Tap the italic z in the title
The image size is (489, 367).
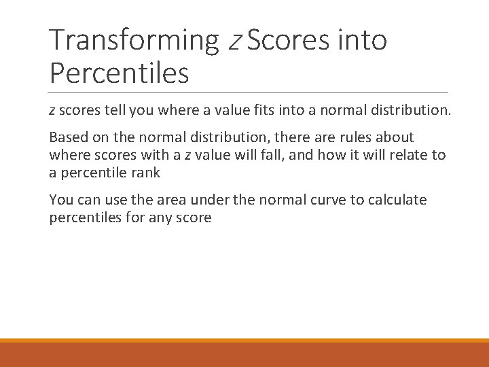(234, 41)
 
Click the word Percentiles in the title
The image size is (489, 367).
(119, 73)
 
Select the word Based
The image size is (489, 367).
(67, 137)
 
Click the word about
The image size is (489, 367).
(395, 137)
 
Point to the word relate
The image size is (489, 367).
(411, 155)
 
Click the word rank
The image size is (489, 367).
(145, 173)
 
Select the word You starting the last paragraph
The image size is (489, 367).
(60, 200)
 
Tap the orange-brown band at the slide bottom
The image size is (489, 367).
(244, 353)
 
